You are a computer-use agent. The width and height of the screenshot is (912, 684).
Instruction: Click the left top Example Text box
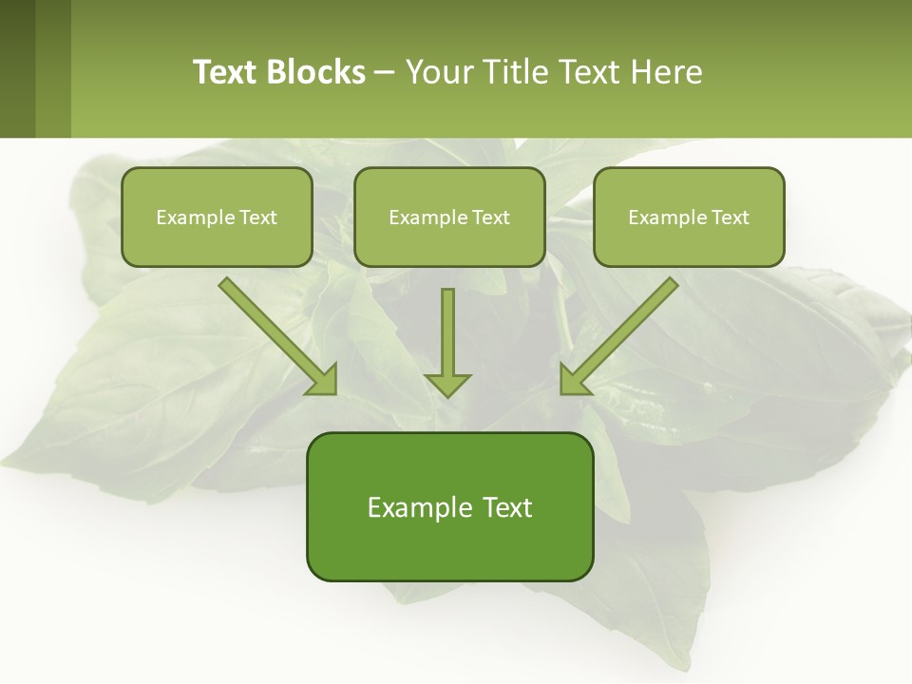coord(217,217)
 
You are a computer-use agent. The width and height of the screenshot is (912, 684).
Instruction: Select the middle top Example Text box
coord(449,217)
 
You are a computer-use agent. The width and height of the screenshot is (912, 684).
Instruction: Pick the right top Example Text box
coord(689,217)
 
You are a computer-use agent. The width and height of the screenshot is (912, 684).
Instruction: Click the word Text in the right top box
coord(730,218)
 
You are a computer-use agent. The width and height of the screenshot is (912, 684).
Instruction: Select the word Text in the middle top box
coord(490,218)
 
